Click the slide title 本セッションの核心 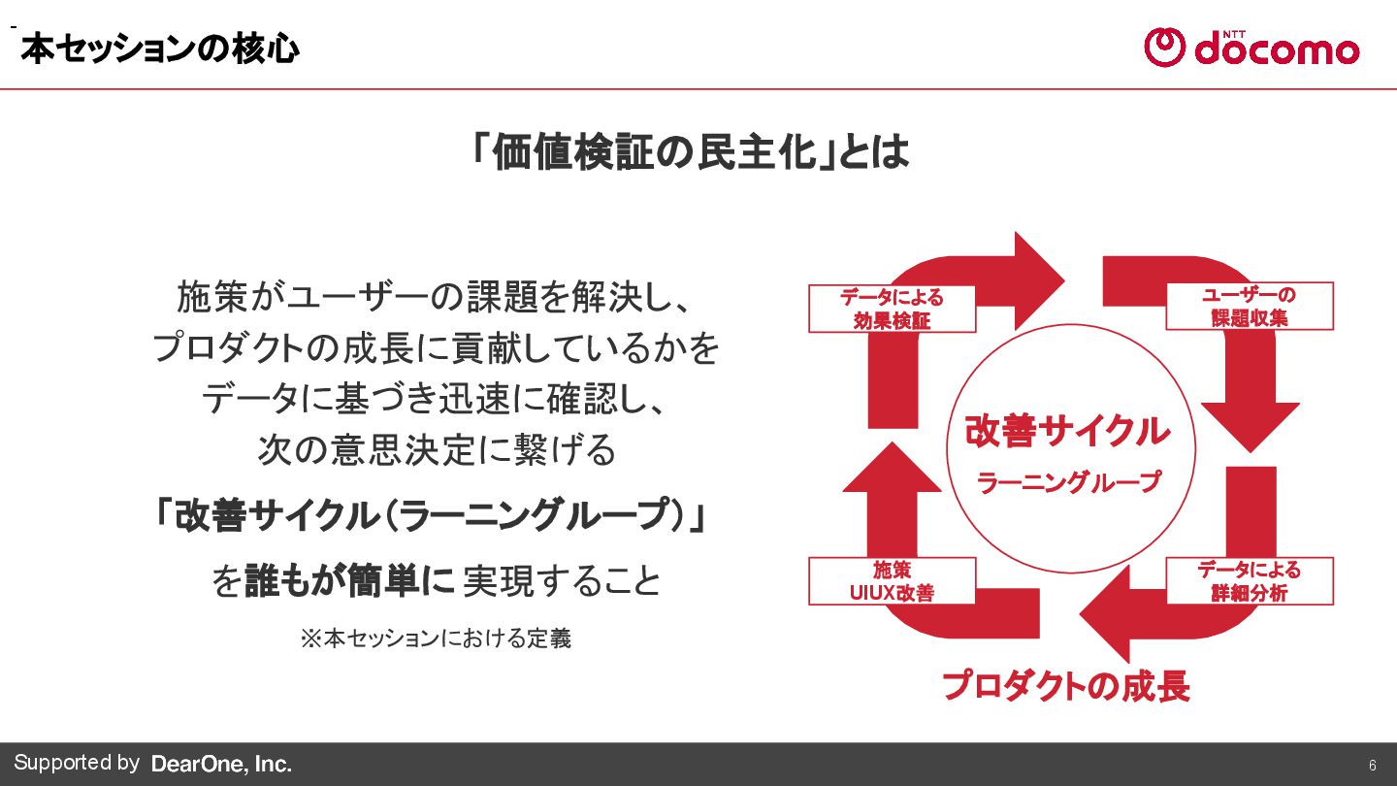[x=159, y=49]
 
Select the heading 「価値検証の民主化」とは [x=690, y=151]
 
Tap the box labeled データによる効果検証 [x=892, y=309]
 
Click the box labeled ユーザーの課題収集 [x=1249, y=306]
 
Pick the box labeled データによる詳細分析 [x=1249, y=580]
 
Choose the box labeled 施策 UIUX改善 [x=892, y=580]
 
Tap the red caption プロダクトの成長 [x=1065, y=686]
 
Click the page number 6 [x=1373, y=764]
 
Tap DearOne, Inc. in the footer [x=221, y=765]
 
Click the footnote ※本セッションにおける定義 [x=435, y=639]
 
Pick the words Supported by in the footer [x=77, y=763]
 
